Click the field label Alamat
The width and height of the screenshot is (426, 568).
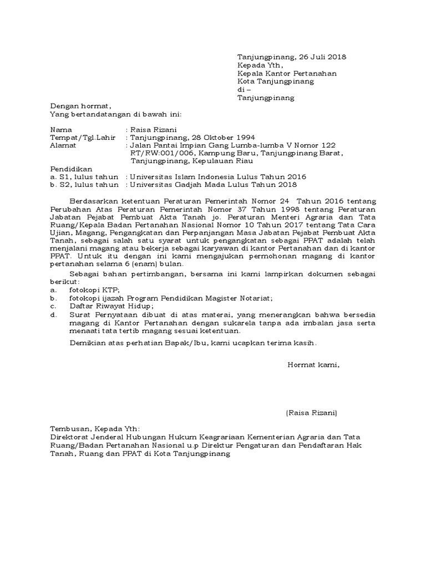[x=63, y=146]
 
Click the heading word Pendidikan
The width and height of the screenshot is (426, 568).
[x=71, y=169]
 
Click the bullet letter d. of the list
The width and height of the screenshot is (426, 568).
[x=54, y=315]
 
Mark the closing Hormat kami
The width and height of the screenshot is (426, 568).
[x=312, y=365]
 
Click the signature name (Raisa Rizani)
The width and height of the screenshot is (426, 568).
[x=311, y=413]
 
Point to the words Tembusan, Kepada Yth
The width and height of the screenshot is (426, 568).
[x=95, y=429]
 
